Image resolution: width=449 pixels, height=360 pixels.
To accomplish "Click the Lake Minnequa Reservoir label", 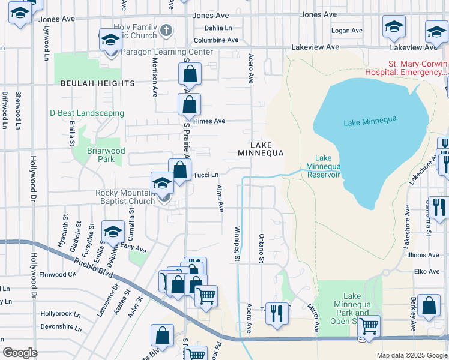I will pyautogui.click(x=324, y=166).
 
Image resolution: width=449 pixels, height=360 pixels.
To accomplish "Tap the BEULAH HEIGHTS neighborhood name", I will pyautogui.click(x=97, y=83).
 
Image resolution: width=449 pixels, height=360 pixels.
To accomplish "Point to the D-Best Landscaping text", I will pyautogui.click(x=87, y=113).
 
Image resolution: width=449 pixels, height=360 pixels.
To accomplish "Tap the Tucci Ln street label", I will pyautogui.click(x=205, y=175).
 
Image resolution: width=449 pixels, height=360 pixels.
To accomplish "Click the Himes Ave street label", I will pyautogui.click(x=208, y=121).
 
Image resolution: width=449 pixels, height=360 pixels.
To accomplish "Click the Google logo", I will pyautogui.click(x=20, y=353).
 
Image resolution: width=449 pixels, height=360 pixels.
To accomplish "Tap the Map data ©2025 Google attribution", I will pyautogui.click(x=411, y=355).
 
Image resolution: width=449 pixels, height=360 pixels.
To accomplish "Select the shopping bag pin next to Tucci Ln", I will pyautogui.click(x=179, y=170).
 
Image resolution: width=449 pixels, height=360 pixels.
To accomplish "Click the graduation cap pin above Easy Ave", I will pyautogui.click(x=113, y=232).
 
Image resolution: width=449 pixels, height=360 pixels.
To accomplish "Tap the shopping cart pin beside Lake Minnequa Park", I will pyautogui.click(x=369, y=326).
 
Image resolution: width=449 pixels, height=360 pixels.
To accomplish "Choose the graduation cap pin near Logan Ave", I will pyautogui.click(x=394, y=26).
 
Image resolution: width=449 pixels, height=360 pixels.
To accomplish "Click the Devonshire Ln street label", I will pyautogui.click(x=61, y=328).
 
